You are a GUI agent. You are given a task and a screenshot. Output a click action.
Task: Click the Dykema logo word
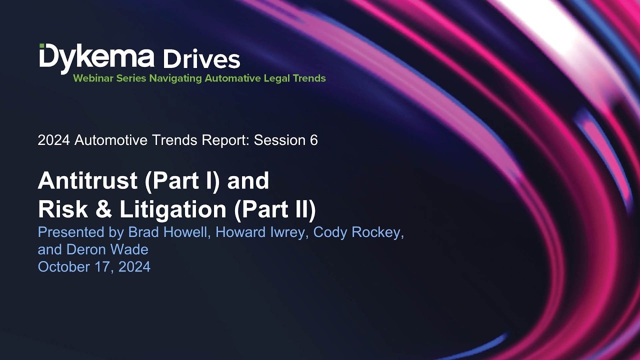tap(96, 57)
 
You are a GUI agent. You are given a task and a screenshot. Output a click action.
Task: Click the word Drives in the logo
tap(201, 59)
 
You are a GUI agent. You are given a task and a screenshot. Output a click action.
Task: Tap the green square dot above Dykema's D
tap(42, 46)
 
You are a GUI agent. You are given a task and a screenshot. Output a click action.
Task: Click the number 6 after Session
tap(313, 140)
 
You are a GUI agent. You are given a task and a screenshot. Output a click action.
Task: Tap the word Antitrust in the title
tap(87, 180)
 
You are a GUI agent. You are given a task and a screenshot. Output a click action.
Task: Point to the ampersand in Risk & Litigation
tap(102, 209)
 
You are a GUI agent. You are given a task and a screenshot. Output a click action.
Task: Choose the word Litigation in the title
tap(173, 209)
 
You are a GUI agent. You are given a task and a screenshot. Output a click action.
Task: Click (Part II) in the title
tap(275, 209)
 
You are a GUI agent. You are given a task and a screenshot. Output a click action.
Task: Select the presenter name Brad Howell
tap(169, 232)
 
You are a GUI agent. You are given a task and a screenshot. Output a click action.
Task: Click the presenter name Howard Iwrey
tap(260, 232)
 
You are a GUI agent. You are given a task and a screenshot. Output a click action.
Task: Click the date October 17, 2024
tap(94, 267)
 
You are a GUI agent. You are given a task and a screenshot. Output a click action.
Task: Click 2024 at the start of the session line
tap(54, 140)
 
